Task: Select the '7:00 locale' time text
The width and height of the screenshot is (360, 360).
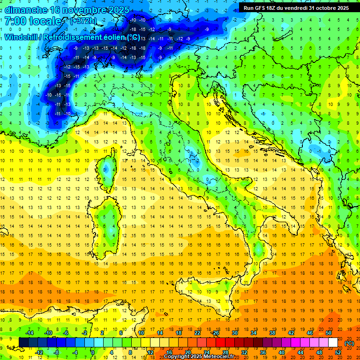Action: click(33, 22)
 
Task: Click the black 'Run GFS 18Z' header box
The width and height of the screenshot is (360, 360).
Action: click(296, 7)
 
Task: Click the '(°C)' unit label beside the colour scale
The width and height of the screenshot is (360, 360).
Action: click(349, 343)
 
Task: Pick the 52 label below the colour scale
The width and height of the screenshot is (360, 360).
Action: click(337, 352)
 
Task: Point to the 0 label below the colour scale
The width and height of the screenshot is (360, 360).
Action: click(93, 352)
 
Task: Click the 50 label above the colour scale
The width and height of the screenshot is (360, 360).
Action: click(328, 333)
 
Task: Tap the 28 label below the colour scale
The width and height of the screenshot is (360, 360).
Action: click(225, 352)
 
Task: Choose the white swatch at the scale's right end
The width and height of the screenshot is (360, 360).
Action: click(333, 343)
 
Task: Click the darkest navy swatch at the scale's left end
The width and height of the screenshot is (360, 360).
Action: click(23, 343)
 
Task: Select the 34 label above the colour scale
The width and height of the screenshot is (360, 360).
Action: click(253, 333)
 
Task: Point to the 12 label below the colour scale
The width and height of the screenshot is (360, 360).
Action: click(150, 352)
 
